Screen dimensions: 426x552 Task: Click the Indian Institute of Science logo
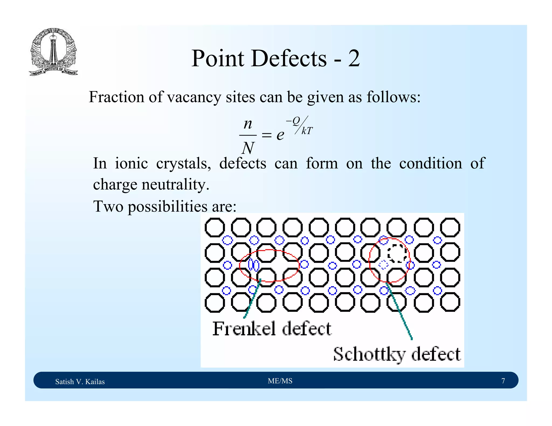click(53, 52)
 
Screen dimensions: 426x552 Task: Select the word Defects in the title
click(289, 58)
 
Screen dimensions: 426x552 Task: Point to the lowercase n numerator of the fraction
click(248, 124)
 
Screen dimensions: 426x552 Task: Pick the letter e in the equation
click(280, 135)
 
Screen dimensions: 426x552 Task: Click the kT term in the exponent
click(307, 131)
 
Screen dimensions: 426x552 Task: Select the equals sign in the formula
click(267, 135)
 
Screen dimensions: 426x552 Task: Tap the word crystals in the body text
click(183, 163)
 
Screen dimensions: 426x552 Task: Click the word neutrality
click(175, 185)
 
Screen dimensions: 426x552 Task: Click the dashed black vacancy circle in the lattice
click(397, 253)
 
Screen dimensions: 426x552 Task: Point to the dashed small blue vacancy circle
click(384, 265)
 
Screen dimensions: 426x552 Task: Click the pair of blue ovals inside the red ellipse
click(254, 265)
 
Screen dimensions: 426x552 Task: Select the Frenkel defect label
click(272, 329)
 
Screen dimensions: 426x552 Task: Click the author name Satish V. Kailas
click(80, 382)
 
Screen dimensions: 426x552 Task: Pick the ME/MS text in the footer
click(280, 381)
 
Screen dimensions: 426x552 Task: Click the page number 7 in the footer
click(503, 381)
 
